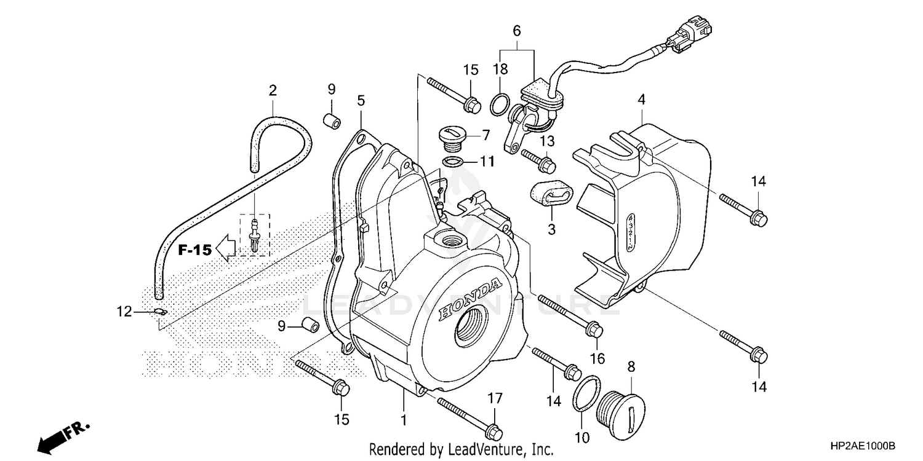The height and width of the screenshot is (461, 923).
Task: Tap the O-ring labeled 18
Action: pos(500,105)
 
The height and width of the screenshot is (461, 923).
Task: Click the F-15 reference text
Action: pos(195,250)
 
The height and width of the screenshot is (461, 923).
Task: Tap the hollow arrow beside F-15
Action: pos(226,249)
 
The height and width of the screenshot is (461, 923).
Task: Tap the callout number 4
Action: pos(641,99)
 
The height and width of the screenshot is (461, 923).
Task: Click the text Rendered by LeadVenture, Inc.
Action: pos(461,449)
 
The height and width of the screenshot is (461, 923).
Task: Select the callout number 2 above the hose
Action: pos(273,91)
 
